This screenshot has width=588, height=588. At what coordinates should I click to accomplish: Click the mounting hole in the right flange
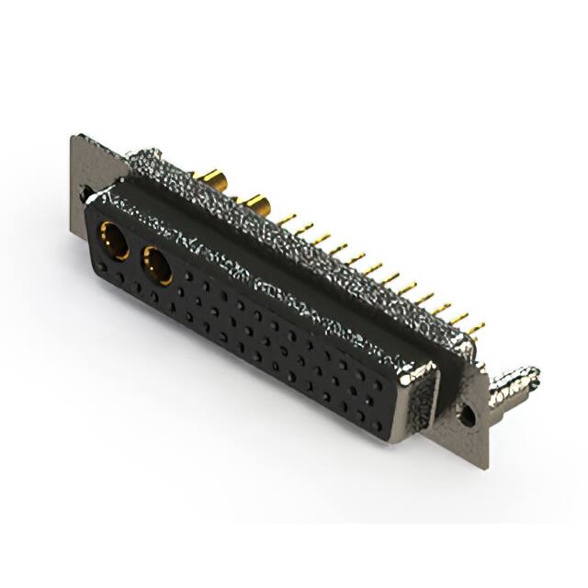click(x=467, y=416)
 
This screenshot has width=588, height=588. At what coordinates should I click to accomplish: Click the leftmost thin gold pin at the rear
click(x=288, y=220)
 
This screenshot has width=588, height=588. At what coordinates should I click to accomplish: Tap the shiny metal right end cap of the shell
click(x=418, y=395)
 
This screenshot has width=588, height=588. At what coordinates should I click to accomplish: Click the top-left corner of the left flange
click(x=73, y=138)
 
